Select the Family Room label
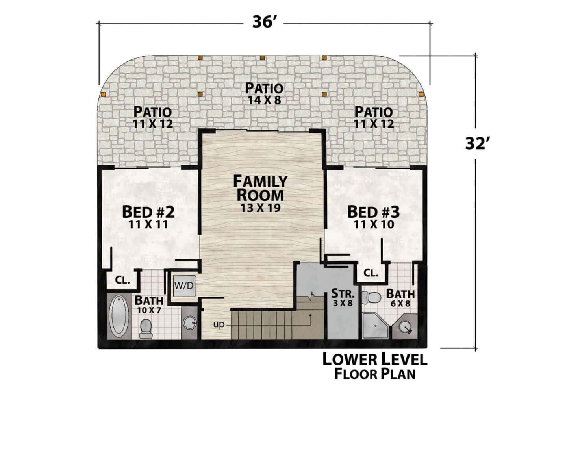260,188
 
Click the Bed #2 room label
148,212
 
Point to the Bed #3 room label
373,212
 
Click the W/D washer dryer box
184,285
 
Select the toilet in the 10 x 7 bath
146,328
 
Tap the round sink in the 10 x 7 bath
189,323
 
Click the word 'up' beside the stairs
219,325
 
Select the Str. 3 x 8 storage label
343,298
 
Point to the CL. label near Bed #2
122,280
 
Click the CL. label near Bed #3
371,273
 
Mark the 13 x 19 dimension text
260,208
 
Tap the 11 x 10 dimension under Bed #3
374,225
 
